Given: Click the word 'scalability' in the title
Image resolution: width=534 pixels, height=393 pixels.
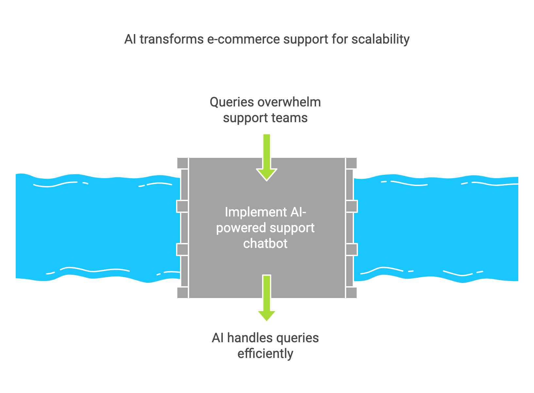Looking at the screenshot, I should [381, 39].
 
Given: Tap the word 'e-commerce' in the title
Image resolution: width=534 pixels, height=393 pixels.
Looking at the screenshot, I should [243, 39].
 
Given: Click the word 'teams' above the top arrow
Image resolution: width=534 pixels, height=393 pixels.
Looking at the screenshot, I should [290, 118].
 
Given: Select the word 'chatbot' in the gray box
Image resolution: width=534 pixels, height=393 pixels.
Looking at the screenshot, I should [265, 244].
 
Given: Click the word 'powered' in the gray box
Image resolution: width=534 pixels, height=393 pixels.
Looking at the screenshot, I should [241, 228].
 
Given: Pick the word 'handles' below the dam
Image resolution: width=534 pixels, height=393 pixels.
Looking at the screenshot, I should [250, 338].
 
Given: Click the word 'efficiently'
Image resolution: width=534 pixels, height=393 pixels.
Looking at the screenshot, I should [265, 354].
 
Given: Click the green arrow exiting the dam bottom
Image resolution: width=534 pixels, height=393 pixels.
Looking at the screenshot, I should [267, 298].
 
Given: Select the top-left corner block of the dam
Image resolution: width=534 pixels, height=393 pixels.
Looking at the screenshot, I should [182, 163].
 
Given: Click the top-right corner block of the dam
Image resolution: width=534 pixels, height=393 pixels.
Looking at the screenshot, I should [351, 163].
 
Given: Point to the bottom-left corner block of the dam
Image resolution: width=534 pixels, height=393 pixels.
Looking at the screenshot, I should [182, 292].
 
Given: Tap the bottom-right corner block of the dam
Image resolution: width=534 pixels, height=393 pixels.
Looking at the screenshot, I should [351, 292].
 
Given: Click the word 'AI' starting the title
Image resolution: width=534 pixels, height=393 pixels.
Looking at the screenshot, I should [130, 39].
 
